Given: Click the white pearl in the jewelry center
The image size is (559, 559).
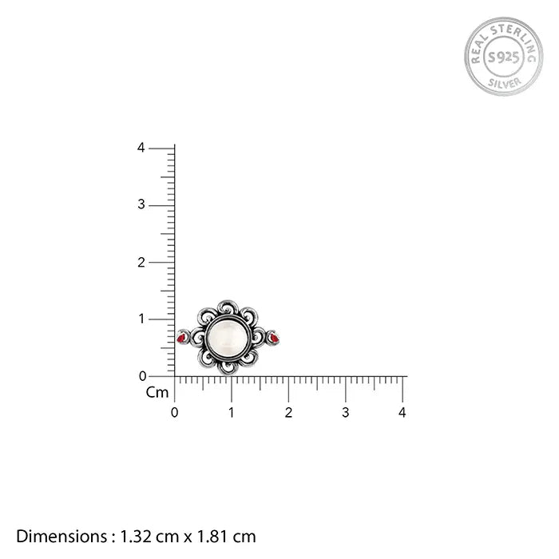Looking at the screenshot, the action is coord(228,337).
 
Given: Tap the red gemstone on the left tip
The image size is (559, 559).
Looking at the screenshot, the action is coord(180,338).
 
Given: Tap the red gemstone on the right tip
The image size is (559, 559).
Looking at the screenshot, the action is coord(275,338).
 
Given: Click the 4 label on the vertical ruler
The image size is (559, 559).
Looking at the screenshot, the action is coord(141,148).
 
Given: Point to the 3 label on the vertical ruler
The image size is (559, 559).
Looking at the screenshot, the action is coord(141,204).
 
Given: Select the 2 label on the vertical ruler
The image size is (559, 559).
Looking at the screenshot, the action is coord(141,263).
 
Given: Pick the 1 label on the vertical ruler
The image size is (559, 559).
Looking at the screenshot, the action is coord(141,319).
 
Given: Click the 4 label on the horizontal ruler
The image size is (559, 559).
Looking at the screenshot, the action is coord(402,413).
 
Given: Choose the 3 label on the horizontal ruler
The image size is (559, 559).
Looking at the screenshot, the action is coord(345,413).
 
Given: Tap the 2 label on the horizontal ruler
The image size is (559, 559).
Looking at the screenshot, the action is coord(288,413).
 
